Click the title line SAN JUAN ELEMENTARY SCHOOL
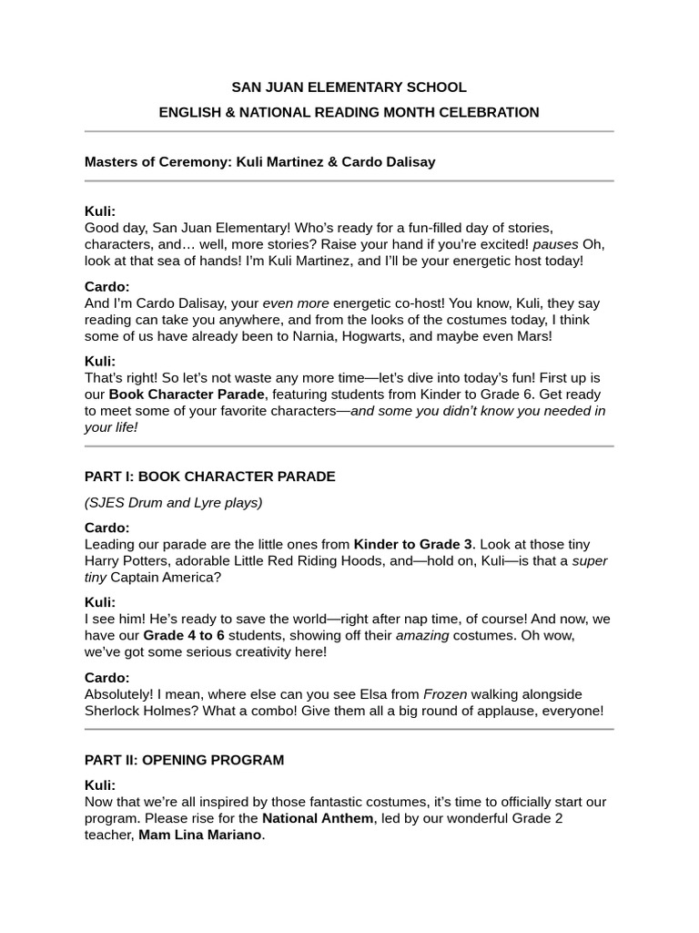coord(349,87)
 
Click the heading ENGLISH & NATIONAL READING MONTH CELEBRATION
coord(349,112)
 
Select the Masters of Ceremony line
coord(259,162)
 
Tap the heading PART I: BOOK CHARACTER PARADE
coord(209,477)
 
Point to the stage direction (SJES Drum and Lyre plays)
coord(173,502)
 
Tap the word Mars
coord(532,336)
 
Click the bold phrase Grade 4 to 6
coord(181,636)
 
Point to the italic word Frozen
coord(446,694)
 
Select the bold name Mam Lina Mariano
coord(200,836)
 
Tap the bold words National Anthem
coord(318,818)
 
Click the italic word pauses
coord(555,244)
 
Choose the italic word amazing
coord(422,636)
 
